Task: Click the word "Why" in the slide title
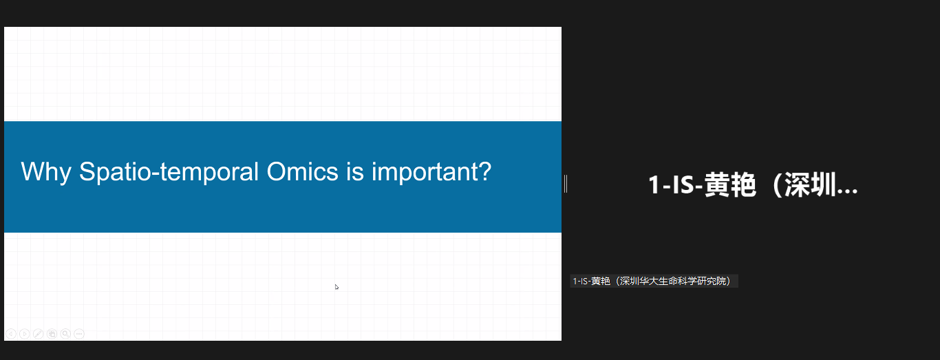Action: coord(46,172)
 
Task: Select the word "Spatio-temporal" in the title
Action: coord(169,172)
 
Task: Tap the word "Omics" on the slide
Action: coord(302,171)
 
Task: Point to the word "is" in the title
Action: coord(355,171)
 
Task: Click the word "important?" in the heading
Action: coord(431,172)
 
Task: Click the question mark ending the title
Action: coord(484,171)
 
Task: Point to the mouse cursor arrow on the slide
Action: coord(337,287)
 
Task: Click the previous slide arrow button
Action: coord(11,334)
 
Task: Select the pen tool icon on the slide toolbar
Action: coord(38,334)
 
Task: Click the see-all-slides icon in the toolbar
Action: coord(52,334)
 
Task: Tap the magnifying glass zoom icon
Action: coord(65,334)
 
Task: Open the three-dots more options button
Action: coord(79,334)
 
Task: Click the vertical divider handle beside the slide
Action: coord(566,184)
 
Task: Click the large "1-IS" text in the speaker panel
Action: coord(671,185)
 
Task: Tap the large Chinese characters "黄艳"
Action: coord(730,185)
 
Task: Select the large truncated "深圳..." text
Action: coord(821,185)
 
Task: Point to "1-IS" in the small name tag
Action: coord(580,281)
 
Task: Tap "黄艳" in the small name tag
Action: coord(601,281)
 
